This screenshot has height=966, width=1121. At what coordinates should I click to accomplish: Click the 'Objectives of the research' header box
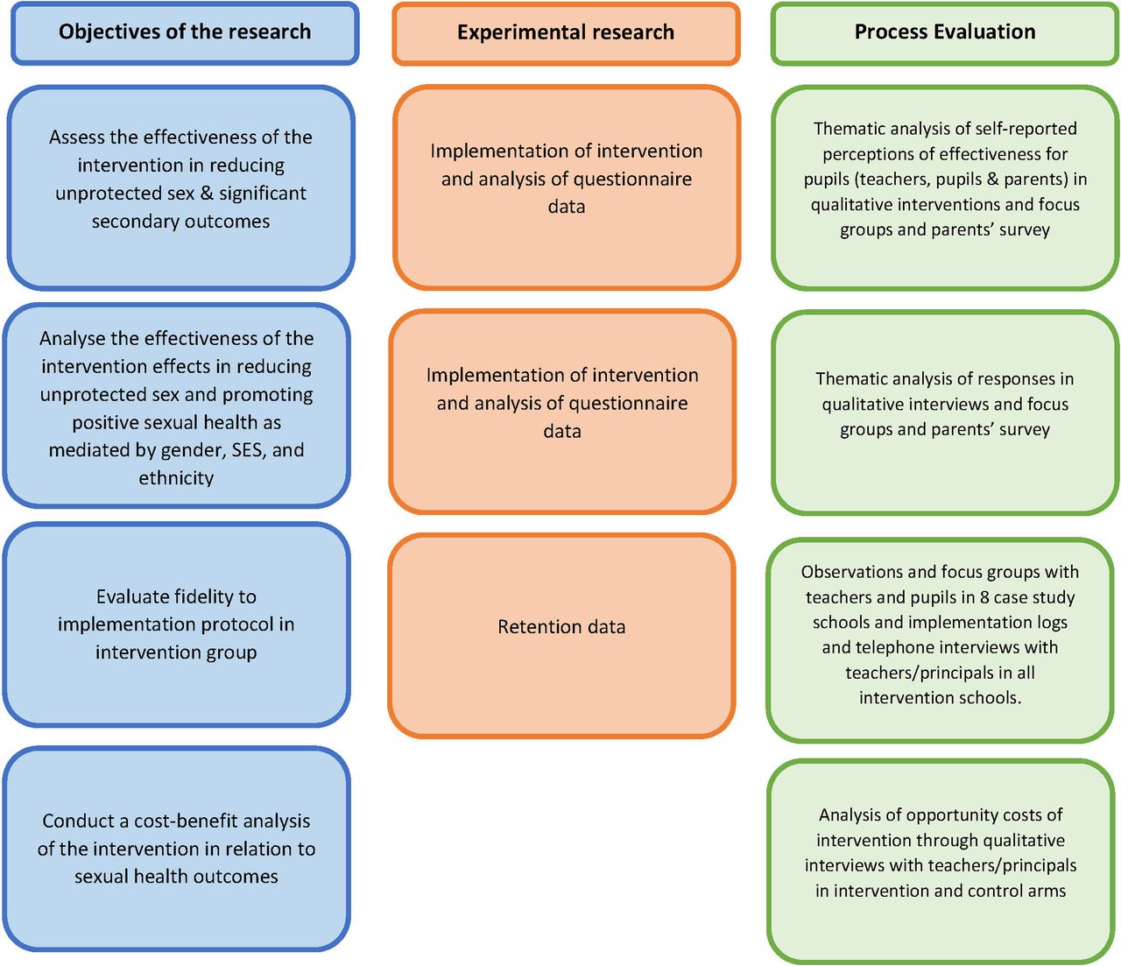(x=185, y=33)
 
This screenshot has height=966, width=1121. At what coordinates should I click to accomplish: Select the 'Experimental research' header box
(x=567, y=33)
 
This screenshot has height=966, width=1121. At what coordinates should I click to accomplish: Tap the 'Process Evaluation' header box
(x=945, y=33)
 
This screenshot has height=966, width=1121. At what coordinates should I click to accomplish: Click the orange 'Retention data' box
(x=562, y=636)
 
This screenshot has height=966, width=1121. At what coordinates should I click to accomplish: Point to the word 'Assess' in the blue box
(x=76, y=137)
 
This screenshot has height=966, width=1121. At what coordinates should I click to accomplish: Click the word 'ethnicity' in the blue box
(x=176, y=478)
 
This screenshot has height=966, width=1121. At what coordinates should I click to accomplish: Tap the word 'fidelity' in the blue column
(x=221, y=596)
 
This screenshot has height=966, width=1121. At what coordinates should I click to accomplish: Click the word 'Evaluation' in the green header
(x=985, y=32)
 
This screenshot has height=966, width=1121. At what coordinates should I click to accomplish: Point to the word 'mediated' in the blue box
(x=85, y=450)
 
